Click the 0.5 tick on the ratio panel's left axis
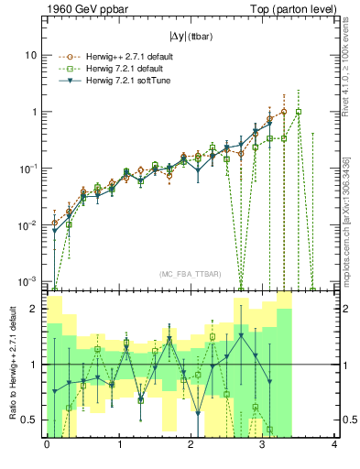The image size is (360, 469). click(x=29, y=420)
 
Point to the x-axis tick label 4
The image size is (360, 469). click(x=335, y=446)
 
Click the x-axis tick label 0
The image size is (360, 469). click(x=47, y=446)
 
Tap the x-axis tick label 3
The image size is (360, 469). click(x=263, y=446)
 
